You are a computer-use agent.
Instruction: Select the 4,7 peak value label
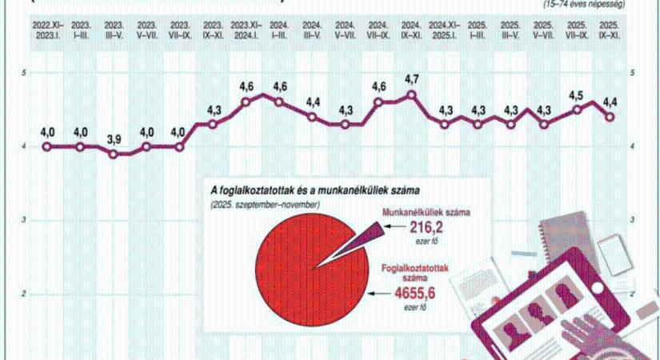point(412,79)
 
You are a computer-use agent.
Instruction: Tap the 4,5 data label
point(576,95)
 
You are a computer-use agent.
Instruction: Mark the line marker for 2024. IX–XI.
point(412,94)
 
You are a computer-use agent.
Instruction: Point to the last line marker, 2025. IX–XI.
point(610,117)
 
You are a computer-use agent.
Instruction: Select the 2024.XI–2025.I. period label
point(446,30)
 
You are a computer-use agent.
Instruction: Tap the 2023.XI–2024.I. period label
point(246,30)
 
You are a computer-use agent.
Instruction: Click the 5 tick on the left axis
point(25,73)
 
